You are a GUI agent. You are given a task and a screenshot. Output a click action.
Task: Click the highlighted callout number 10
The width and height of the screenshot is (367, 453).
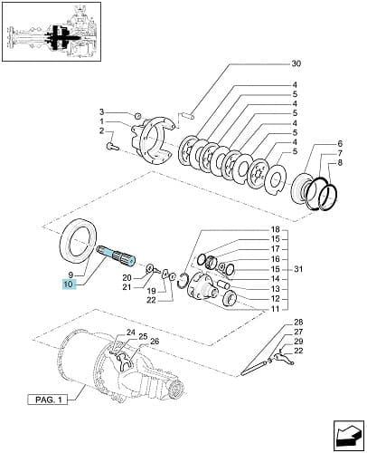[x=69, y=284]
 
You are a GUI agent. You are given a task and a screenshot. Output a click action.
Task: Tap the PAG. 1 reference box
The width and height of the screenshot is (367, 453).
[x=49, y=400]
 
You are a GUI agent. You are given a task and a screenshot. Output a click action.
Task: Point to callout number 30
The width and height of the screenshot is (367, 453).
[x=296, y=63]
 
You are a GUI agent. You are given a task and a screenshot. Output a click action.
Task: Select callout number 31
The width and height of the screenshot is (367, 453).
[x=298, y=269]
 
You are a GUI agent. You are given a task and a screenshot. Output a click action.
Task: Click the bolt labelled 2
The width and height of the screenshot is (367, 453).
[x=113, y=147]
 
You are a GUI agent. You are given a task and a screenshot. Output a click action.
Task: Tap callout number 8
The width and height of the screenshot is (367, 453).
[x=340, y=163]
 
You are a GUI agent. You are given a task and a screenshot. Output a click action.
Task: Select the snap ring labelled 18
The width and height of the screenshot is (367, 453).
[x=183, y=281]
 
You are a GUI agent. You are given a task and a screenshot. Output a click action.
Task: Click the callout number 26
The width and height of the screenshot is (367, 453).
[x=155, y=342]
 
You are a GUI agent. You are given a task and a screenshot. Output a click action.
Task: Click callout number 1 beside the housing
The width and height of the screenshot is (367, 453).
[x=102, y=121]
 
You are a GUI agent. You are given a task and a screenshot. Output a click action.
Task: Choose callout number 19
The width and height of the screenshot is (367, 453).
[x=152, y=291]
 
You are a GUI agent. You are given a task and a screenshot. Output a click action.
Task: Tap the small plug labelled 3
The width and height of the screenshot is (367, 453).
[x=137, y=115]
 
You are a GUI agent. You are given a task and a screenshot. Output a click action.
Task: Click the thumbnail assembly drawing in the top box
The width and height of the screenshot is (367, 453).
[x=52, y=32]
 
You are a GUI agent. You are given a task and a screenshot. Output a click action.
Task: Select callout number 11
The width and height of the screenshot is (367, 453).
[x=276, y=309]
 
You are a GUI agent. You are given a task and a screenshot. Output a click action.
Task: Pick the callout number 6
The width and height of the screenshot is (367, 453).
[x=340, y=143]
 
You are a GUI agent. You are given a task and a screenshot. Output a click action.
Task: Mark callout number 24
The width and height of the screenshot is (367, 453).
[x=131, y=333]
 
